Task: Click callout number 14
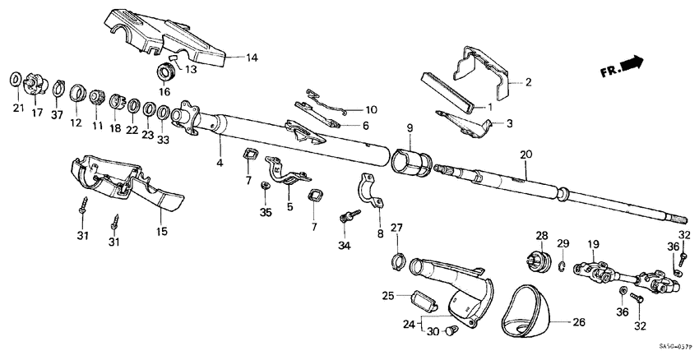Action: click(252, 57)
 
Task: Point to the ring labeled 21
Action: click(16, 79)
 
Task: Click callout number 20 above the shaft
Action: click(526, 155)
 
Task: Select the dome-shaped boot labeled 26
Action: click(527, 304)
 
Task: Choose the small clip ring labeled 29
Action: click(562, 265)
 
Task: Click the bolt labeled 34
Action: click(349, 216)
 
